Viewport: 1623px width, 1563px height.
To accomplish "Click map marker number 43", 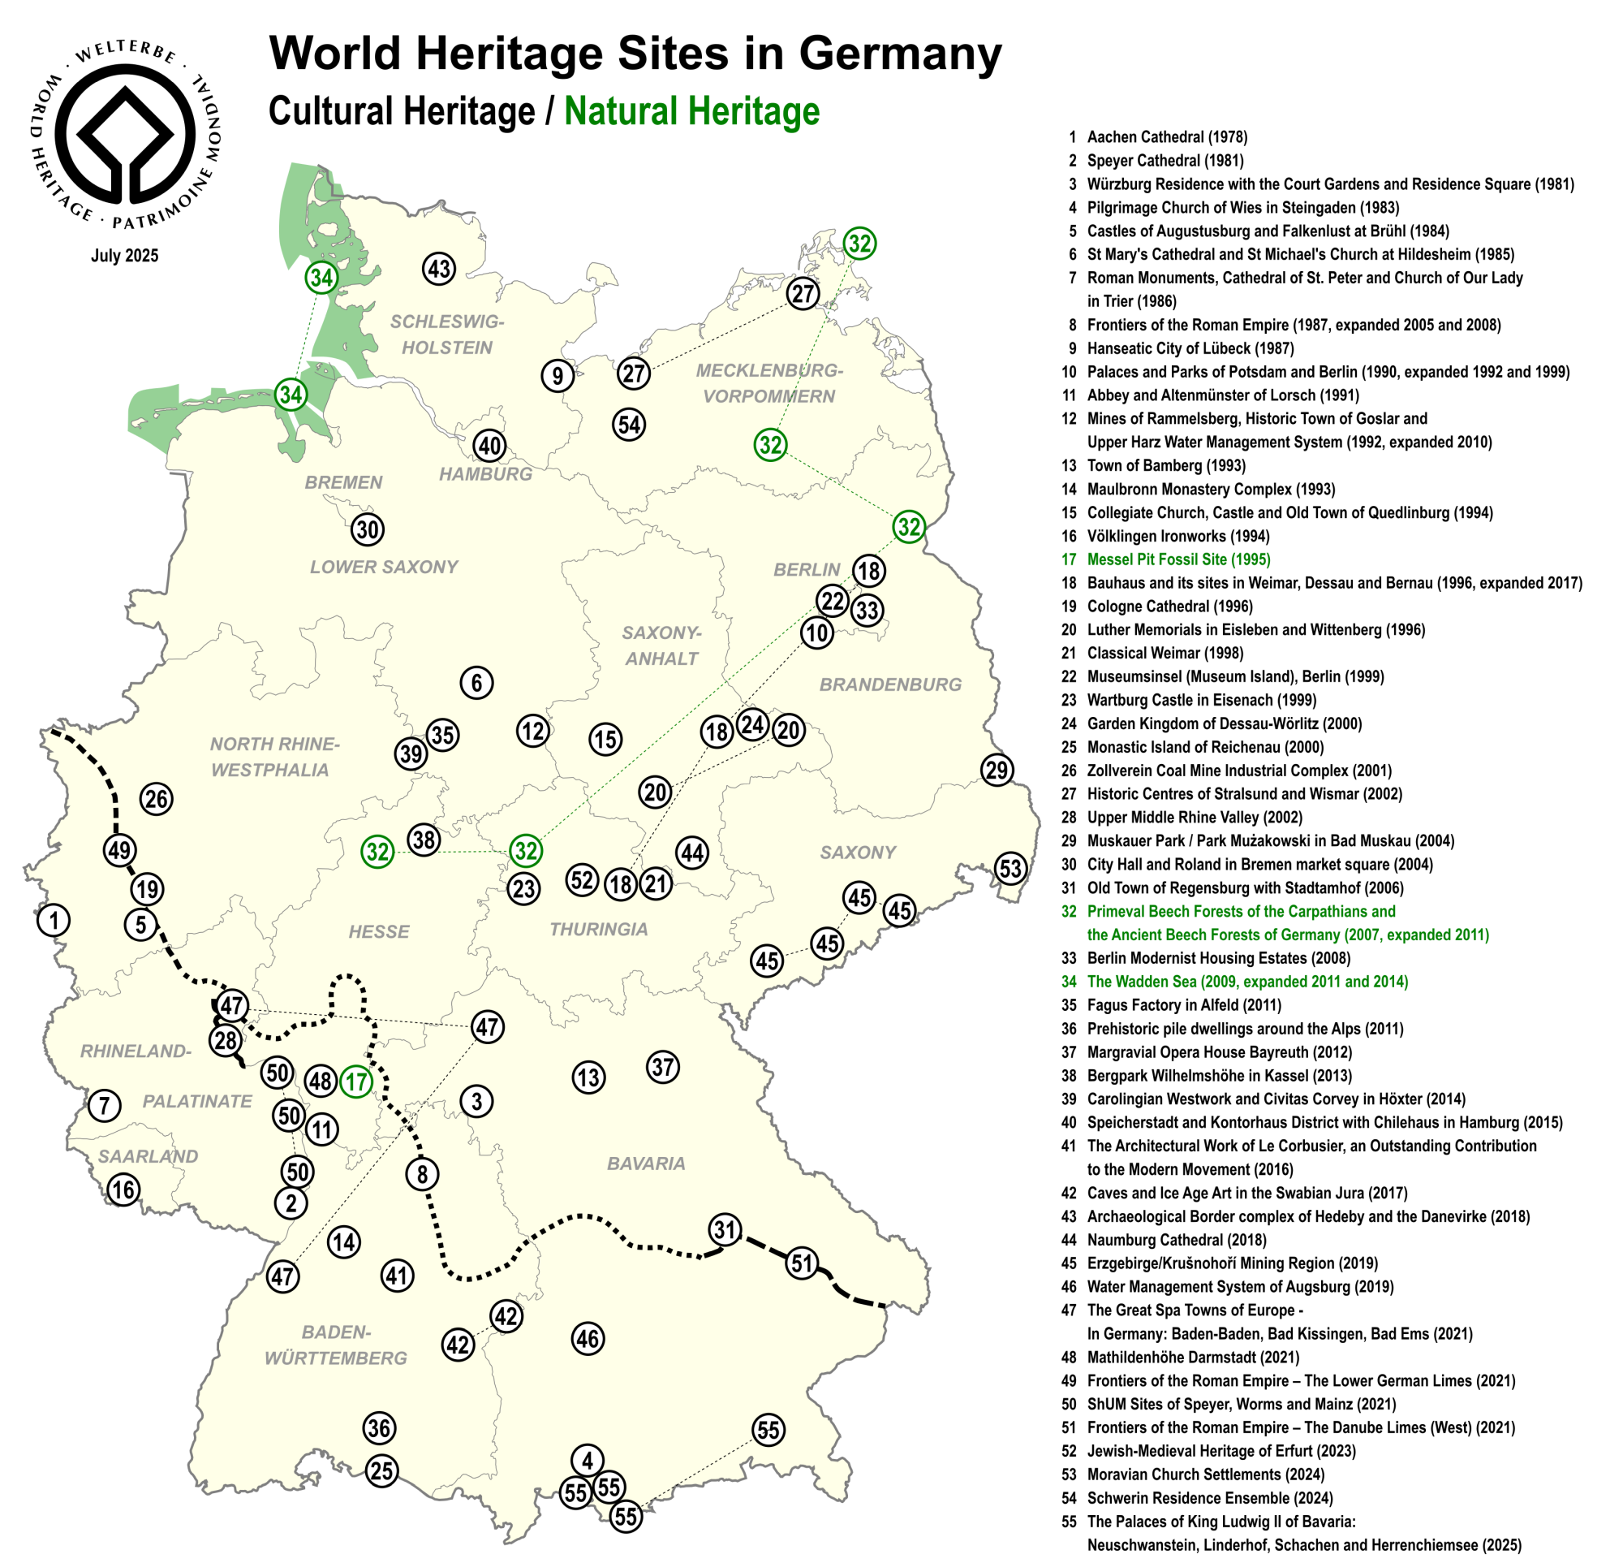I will pyautogui.click(x=439, y=269).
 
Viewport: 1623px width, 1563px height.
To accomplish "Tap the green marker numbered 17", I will pyautogui.click(x=356, y=1081).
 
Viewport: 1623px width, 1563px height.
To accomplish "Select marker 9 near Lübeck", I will pyautogui.click(x=558, y=376).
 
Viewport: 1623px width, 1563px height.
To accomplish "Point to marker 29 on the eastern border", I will pyautogui.click(x=997, y=771).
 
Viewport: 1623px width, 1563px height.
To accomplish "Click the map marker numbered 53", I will pyautogui.click(x=1010, y=869).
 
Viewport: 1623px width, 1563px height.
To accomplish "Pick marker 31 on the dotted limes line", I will pyautogui.click(x=725, y=1229).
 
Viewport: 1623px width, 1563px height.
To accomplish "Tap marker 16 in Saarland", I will pyautogui.click(x=123, y=1190).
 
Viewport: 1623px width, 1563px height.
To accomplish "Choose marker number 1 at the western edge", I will pyautogui.click(x=54, y=920).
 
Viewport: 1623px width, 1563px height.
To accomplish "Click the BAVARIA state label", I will pyautogui.click(x=646, y=1164).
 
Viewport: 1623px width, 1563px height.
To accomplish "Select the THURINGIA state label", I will pyautogui.click(x=599, y=930).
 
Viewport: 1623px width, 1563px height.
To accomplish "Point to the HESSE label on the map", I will pyautogui.click(x=378, y=932).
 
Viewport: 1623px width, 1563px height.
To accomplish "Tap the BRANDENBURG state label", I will pyautogui.click(x=890, y=685).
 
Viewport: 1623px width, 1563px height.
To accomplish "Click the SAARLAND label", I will pyautogui.click(x=149, y=1156).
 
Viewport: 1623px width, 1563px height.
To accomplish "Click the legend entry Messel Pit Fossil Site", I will pyautogui.click(x=1177, y=560).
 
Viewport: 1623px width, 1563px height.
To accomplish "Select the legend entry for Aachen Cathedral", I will pyautogui.click(x=1166, y=137).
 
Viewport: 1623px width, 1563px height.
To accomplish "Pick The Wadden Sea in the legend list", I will pyautogui.click(x=1246, y=982).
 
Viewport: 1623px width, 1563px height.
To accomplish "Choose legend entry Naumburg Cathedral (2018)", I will pyautogui.click(x=1176, y=1240).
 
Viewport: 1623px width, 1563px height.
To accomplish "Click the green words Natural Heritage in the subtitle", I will pyautogui.click(x=691, y=112).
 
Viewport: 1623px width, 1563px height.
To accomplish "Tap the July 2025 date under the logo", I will pyautogui.click(x=124, y=256).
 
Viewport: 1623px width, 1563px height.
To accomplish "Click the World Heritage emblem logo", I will pyautogui.click(x=125, y=133).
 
